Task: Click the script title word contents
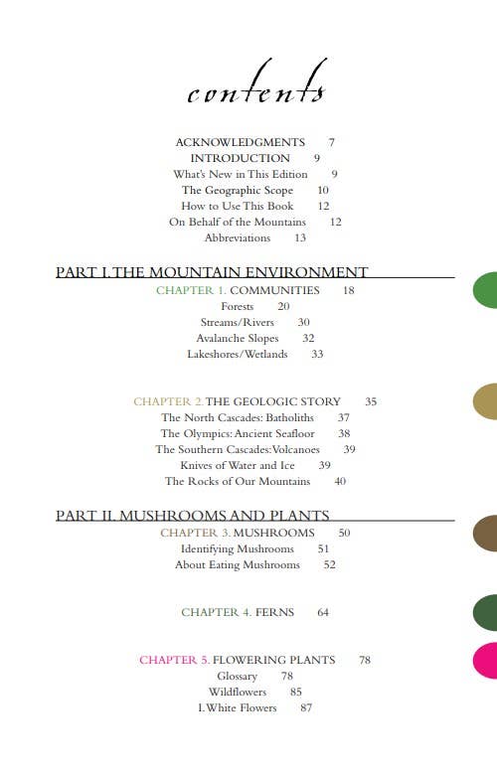tap(256, 87)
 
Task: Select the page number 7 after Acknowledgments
tap(331, 142)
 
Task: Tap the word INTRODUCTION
tap(241, 158)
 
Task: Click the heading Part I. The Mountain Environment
tap(212, 272)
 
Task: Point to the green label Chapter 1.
tap(192, 290)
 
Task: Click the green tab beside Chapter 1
tap(485, 289)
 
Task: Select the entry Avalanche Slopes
tap(238, 338)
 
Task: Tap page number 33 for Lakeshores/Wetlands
tap(317, 354)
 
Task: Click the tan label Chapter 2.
tap(169, 401)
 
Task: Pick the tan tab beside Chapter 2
tap(485, 401)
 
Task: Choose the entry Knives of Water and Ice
tap(238, 465)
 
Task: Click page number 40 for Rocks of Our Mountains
tap(340, 481)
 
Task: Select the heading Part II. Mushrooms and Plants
tap(193, 516)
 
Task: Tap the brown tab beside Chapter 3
tap(485, 533)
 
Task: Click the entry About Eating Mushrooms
tap(238, 564)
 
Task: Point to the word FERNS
tap(275, 612)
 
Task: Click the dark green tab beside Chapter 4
tap(485, 612)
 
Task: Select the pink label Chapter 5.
tap(175, 660)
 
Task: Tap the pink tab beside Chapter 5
tap(486, 661)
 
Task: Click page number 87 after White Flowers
tap(306, 707)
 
